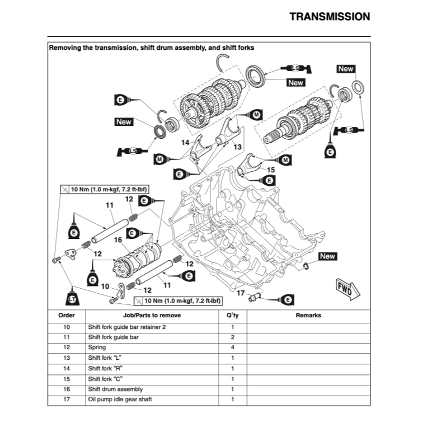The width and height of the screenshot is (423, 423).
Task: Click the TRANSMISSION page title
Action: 330,17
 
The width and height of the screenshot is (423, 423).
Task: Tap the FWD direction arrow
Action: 344,286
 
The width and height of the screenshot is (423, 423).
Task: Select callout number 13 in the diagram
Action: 237,146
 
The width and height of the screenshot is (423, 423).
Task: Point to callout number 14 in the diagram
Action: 185,143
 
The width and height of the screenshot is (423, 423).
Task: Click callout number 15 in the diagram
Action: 271,169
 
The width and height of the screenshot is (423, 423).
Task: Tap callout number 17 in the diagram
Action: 241,293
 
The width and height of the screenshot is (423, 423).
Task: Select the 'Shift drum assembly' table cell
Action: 115,389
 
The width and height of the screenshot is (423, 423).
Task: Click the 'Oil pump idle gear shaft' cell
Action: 120,399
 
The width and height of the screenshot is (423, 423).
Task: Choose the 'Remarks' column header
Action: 308,315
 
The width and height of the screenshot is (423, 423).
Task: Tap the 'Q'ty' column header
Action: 232,315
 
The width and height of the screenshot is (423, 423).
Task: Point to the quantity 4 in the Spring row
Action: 232,347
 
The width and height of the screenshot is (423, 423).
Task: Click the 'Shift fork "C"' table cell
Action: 106,379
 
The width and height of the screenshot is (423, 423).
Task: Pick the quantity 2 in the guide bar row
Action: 232,337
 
